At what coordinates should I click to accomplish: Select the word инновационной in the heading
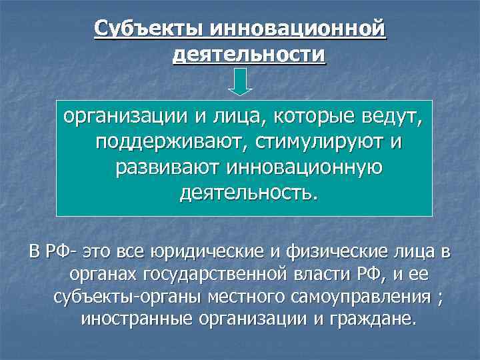298,29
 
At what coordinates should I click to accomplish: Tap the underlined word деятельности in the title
249,54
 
